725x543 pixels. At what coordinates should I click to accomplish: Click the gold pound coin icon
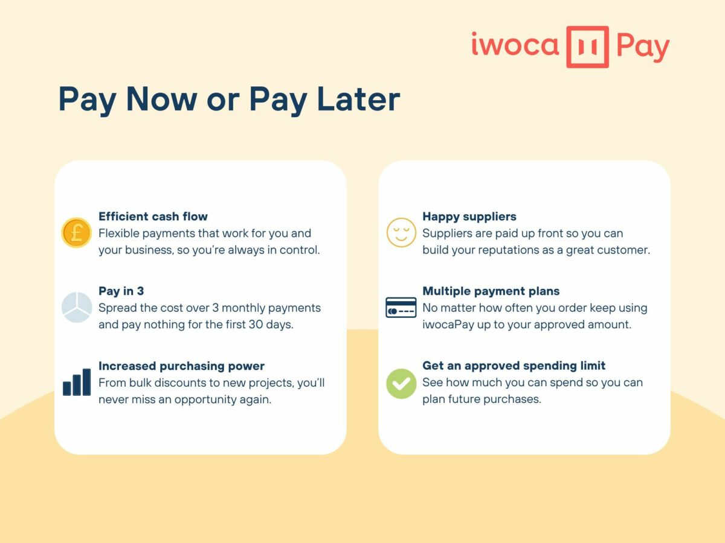click(76, 233)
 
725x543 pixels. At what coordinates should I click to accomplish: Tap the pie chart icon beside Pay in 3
click(76, 307)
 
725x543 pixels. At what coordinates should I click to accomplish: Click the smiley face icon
click(401, 233)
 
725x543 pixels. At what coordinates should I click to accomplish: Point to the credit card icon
click(401, 308)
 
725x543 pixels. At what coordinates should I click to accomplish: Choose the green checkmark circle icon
click(401, 383)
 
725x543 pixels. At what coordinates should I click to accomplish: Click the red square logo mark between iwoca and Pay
click(587, 46)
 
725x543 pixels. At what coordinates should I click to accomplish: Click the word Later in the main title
click(359, 100)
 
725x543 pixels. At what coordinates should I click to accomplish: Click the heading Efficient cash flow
click(153, 216)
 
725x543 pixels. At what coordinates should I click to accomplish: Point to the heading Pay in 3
click(121, 291)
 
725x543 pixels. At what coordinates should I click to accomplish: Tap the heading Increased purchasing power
click(181, 366)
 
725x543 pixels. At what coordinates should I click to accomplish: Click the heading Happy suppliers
click(469, 216)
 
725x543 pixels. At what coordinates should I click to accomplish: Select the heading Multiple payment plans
click(491, 291)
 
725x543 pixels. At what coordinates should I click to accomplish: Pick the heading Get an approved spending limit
click(514, 366)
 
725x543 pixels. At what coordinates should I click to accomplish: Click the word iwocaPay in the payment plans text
click(449, 325)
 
